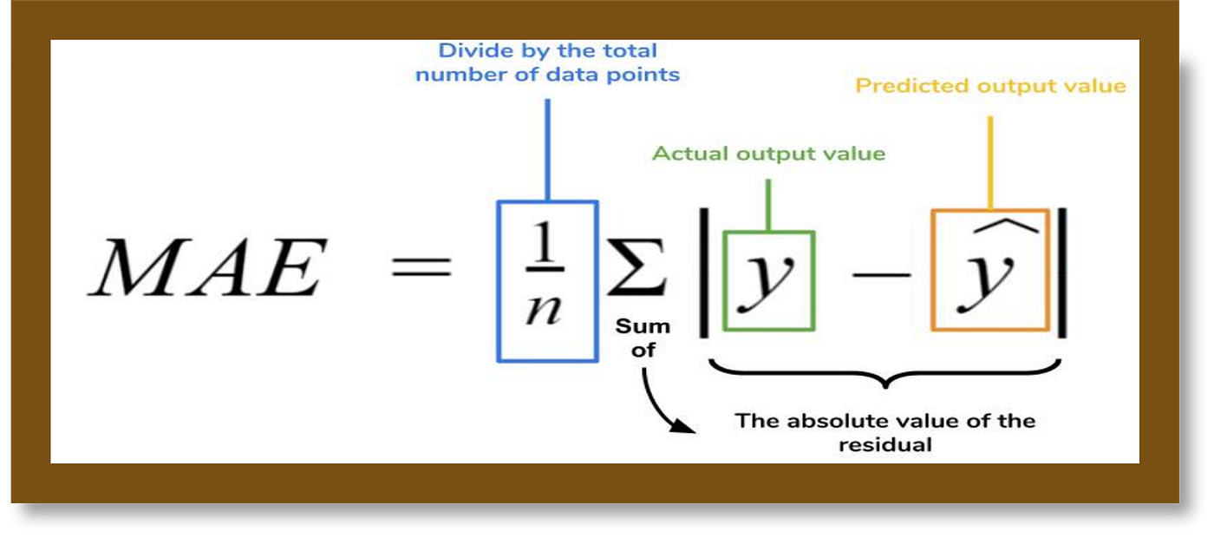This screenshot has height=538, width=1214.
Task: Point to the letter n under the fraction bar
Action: [545, 311]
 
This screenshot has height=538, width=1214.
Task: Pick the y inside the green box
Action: [768, 279]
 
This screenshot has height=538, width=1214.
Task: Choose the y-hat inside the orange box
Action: [989, 282]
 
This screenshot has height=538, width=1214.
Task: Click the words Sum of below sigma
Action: [643, 338]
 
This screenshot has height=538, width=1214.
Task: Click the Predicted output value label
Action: [990, 86]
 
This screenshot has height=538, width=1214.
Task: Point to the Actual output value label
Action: [768, 154]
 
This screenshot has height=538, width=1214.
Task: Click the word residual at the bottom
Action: [884, 445]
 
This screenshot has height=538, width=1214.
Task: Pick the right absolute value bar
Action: [1063, 272]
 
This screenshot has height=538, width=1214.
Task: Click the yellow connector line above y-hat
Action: [989, 161]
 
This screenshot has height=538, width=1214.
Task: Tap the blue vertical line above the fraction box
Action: [546, 148]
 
